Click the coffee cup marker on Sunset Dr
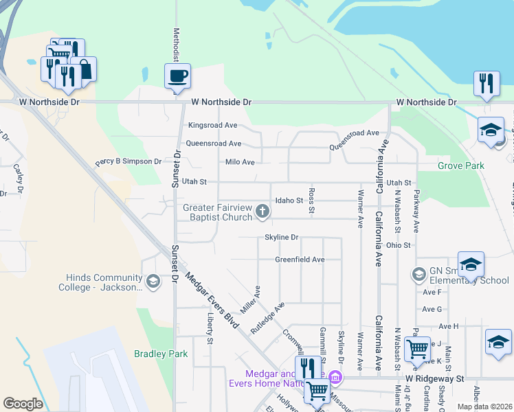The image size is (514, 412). tap(177, 76)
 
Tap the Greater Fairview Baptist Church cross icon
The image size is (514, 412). tap(262, 211)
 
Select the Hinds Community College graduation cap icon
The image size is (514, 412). tap(153, 281)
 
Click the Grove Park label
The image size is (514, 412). tap(461, 165)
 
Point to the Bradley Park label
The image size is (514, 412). tap(161, 354)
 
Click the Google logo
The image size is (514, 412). tap(23, 404)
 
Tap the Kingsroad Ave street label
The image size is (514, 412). tap(212, 126)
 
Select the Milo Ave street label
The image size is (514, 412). tap(240, 162)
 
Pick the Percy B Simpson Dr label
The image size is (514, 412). tap(128, 163)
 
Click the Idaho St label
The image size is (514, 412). tap(289, 201)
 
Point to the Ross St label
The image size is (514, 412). tap(311, 200)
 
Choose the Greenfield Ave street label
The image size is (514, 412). tap(300, 260)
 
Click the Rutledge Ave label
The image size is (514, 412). tap(267, 318)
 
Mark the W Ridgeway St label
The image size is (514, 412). tap(435, 378)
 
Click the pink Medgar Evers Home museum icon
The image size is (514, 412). tap(335, 377)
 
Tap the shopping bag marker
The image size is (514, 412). tap(85, 69)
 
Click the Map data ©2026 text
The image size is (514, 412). tap(484, 407)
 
